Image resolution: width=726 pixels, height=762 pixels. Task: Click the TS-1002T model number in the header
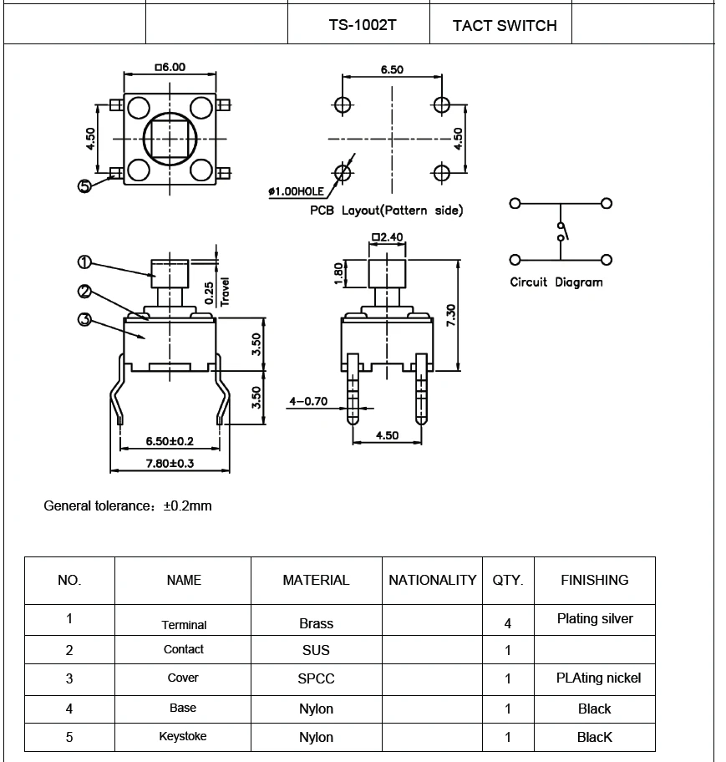(x=362, y=25)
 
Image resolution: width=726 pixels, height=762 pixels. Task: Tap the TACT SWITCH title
(x=505, y=25)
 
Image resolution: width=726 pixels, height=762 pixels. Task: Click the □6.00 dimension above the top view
(x=170, y=68)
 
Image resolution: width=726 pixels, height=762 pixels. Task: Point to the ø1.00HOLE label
(x=295, y=191)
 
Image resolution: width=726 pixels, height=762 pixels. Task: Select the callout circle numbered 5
(x=84, y=186)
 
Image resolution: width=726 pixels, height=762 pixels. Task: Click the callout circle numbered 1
(x=84, y=262)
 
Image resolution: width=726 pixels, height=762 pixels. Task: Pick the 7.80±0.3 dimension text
(x=170, y=463)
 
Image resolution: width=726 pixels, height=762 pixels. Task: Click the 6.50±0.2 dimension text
(x=170, y=440)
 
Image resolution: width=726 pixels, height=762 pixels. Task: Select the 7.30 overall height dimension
(x=450, y=314)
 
